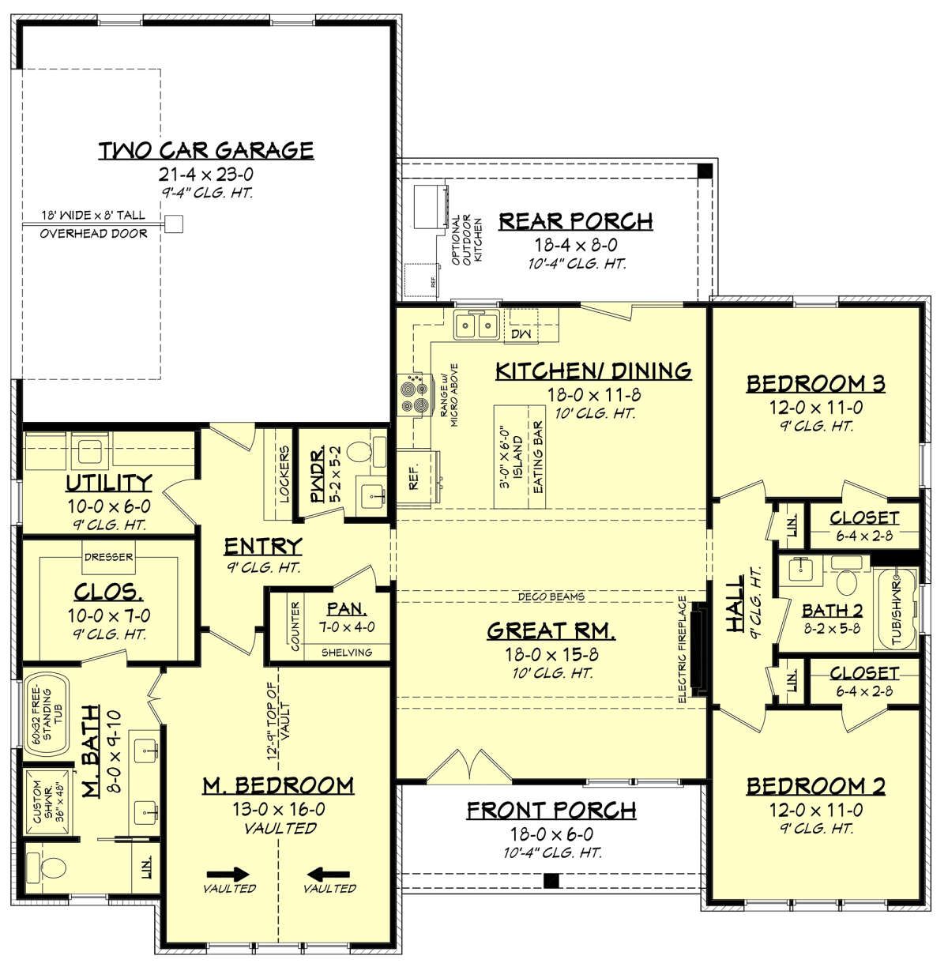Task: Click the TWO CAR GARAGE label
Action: pyautogui.click(x=205, y=150)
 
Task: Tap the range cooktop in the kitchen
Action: pyautogui.click(x=415, y=394)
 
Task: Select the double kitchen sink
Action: pyautogui.click(x=476, y=325)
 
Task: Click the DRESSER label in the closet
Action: pyautogui.click(x=108, y=557)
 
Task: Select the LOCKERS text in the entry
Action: pyautogui.click(x=284, y=474)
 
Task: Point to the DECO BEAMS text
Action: pyautogui.click(x=551, y=596)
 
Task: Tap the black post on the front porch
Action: pyautogui.click(x=551, y=881)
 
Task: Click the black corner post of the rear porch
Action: pyautogui.click(x=705, y=171)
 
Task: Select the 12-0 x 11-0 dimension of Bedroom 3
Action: pyautogui.click(x=816, y=408)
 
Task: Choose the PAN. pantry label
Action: pyautogui.click(x=346, y=608)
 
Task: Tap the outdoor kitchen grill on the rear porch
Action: pyautogui.click(x=431, y=205)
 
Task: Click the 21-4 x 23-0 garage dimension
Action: pyautogui.click(x=205, y=175)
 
